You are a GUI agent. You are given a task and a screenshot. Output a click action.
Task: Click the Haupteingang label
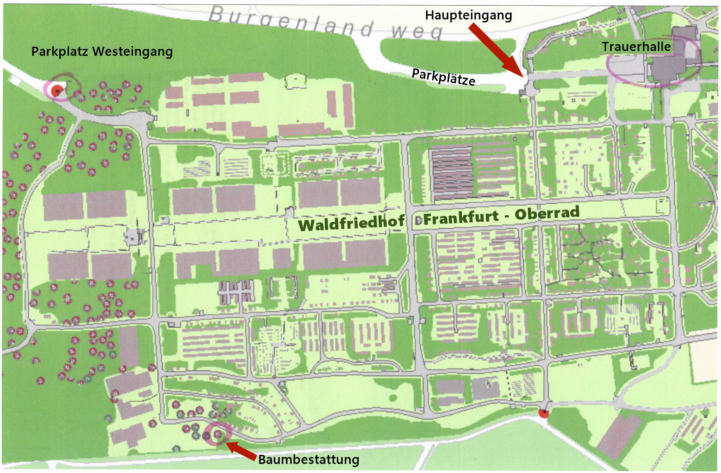click(x=469, y=16)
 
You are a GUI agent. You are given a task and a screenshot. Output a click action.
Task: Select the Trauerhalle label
click(x=636, y=47)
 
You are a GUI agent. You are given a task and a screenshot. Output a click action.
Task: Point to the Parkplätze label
click(x=443, y=77)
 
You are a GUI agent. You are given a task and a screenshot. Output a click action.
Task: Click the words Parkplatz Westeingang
click(x=102, y=52)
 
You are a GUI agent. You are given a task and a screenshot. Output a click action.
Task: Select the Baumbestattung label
click(x=309, y=460)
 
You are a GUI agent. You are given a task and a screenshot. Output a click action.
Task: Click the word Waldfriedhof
click(x=351, y=224)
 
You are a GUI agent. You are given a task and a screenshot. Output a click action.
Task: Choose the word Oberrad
click(x=547, y=213)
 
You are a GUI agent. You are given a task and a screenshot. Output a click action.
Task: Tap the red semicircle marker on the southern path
click(x=543, y=414)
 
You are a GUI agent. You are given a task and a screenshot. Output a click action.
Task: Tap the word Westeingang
click(x=133, y=52)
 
